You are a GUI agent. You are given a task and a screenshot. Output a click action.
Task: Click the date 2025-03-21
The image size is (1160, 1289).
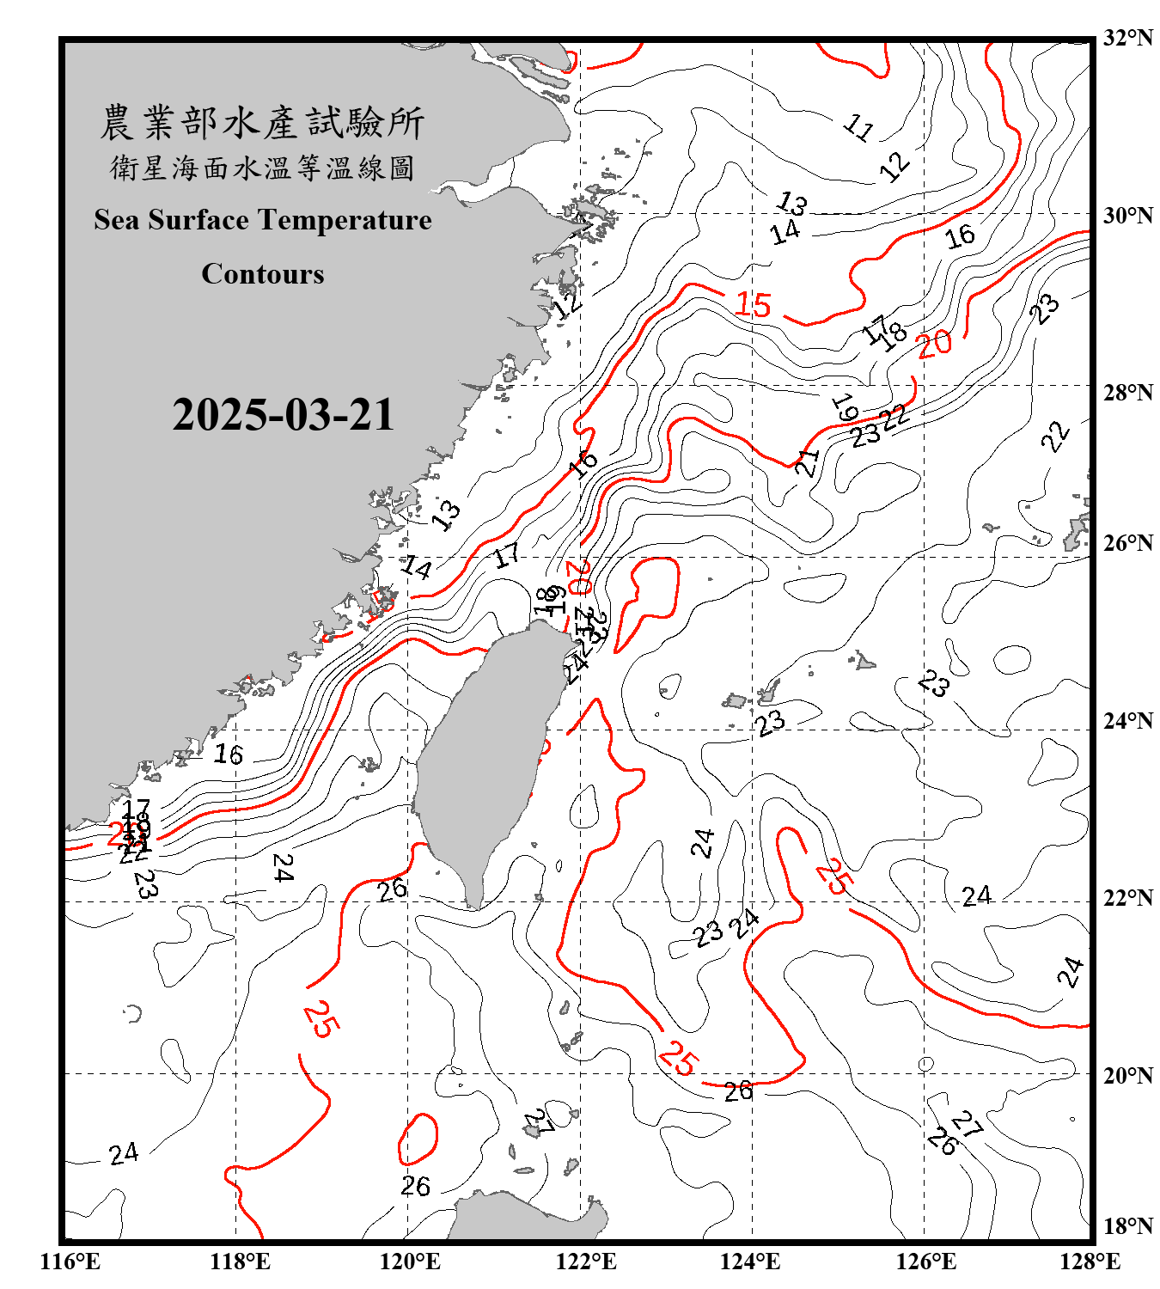[283, 415]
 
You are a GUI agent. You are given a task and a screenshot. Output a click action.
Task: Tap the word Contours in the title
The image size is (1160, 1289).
[263, 274]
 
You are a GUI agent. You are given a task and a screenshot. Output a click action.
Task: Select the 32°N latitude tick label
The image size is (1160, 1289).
[1127, 38]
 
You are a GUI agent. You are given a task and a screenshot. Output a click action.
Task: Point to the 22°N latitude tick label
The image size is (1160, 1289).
[1127, 898]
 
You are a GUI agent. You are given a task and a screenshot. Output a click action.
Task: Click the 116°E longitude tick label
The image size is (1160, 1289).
[70, 1262]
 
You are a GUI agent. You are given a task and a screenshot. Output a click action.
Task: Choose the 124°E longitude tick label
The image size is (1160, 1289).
[750, 1262]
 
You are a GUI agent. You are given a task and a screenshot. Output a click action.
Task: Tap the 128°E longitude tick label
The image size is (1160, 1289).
[1090, 1262]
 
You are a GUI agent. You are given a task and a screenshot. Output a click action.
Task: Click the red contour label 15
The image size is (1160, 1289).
[754, 305]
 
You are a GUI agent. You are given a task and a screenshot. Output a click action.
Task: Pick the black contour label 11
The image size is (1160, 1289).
[858, 127]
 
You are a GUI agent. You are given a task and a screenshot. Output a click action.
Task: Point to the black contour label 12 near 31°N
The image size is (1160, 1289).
[894, 166]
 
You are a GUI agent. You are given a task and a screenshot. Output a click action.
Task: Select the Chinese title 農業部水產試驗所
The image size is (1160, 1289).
[262, 123]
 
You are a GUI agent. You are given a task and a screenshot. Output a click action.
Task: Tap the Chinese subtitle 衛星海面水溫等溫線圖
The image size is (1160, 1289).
[262, 168]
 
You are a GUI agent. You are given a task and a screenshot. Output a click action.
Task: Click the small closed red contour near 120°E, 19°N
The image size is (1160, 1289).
[418, 1139]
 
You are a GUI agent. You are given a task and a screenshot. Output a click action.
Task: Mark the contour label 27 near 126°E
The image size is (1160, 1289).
[968, 1124]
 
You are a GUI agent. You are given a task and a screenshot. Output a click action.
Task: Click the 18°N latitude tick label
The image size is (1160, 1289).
[1127, 1226]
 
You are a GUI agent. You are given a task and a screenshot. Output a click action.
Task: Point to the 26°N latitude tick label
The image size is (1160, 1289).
[1127, 543]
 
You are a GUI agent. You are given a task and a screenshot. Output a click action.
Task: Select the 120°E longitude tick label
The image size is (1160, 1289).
[410, 1262]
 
